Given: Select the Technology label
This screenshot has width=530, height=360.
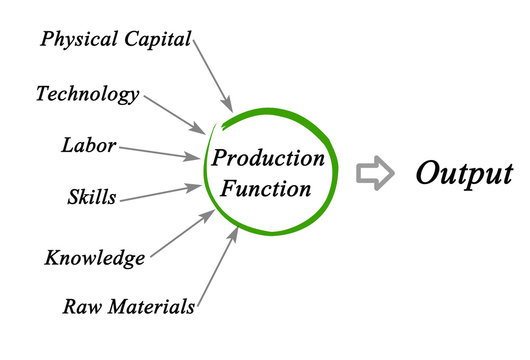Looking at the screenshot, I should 88,95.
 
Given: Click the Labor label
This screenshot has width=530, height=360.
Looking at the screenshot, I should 88,146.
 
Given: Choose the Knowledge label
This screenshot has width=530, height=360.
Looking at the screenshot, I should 95,258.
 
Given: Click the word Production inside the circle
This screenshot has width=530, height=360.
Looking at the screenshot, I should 269,159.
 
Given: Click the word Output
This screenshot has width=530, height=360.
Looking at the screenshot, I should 464,173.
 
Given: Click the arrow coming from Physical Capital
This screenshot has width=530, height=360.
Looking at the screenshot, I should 212,75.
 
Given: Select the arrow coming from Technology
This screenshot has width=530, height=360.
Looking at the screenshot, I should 175,114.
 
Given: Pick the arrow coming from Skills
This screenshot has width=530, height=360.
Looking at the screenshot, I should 160,192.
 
